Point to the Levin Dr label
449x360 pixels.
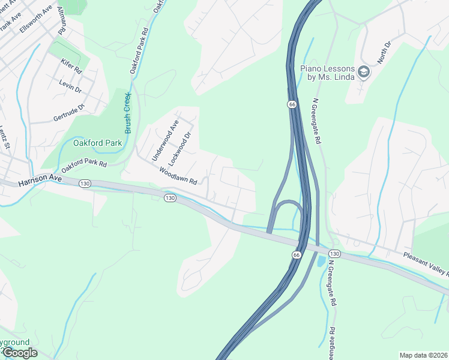point(70,87)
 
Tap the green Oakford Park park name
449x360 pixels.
point(97,143)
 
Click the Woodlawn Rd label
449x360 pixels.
point(178,176)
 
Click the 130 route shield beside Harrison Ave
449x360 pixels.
point(84,184)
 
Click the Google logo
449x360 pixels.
point(20,353)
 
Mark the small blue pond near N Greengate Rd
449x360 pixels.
point(321,261)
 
